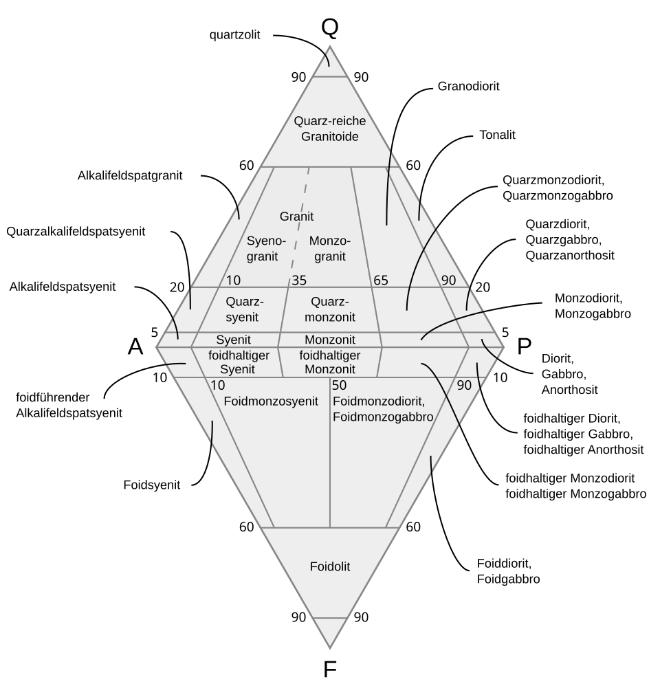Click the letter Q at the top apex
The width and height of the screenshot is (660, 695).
point(330,27)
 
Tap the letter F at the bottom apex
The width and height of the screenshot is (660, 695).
point(330,669)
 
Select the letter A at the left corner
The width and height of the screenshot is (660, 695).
point(135,347)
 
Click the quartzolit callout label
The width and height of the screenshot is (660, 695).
point(235,34)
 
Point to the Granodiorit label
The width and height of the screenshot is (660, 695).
point(468,87)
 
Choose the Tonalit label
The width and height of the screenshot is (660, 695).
point(497,135)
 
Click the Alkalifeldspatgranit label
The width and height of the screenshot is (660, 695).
point(130,175)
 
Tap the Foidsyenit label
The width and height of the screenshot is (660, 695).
point(152,485)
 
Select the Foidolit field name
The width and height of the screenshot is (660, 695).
point(330,566)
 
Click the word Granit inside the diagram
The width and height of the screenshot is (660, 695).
point(296,217)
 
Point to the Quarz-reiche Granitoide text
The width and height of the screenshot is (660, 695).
point(326,129)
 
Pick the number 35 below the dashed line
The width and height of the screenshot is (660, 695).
point(299,280)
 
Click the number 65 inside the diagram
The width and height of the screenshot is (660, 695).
point(382,280)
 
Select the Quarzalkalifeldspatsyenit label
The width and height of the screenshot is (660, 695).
point(76,231)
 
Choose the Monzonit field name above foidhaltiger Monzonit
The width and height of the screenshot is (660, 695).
point(330,340)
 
